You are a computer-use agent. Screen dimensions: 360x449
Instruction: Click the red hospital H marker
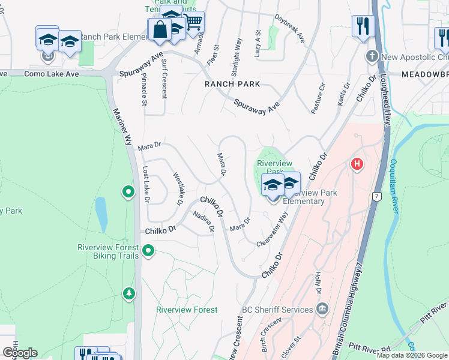pyautogui.click(x=357, y=164)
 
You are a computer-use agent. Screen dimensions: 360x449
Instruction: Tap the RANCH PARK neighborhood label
pyautogui.click(x=232, y=84)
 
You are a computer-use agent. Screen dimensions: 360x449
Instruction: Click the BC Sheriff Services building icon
pyautogui.click(x=322, y=309)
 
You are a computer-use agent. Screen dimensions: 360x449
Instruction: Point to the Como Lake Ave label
pyautogui.click(x=51, y=74)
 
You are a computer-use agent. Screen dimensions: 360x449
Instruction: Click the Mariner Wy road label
pyautogui.click(x=122, y=126)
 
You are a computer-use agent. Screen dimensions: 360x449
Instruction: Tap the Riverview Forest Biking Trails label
pyautogui.click(x=108, y=251)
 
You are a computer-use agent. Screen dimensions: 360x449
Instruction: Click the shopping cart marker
pyautogui.click(x=193, y=23)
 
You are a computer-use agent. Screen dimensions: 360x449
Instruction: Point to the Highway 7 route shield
pyautogui.click(x=376, y=196)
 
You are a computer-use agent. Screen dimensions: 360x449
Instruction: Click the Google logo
pyautogui.click(x=20, y=352)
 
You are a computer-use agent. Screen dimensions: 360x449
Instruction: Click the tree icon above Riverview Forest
pyautogui.click(x=128, y=293)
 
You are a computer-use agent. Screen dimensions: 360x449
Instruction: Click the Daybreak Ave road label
pyautogui.click(x=290, y=28)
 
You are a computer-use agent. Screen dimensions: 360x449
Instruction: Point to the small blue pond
pyautogui.click(x=101, y=215)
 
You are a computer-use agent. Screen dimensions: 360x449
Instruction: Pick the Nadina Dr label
pyautogui.click(x=203, y=221)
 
